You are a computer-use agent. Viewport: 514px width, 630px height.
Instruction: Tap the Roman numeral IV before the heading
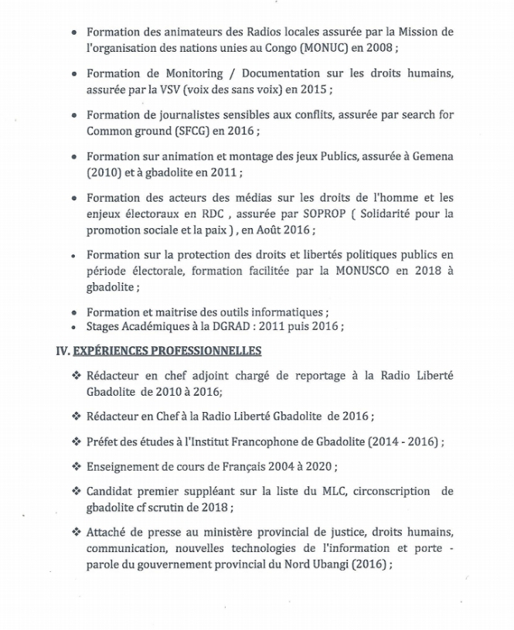pos(63,351)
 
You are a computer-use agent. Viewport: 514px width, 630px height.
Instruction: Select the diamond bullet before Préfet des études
pos(76,441)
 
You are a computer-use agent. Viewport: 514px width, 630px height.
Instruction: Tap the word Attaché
pos(109,533)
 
